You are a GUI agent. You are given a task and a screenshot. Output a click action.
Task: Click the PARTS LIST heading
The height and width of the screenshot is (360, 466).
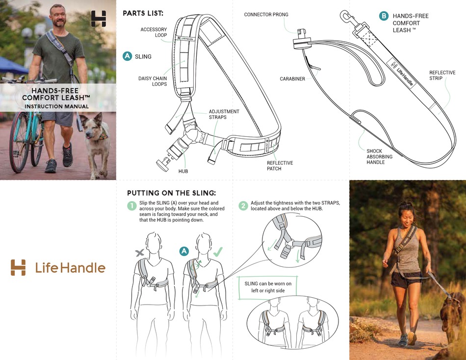tap(143, 13)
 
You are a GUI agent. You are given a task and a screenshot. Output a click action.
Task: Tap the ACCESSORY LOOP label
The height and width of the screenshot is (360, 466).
tap(154, 32)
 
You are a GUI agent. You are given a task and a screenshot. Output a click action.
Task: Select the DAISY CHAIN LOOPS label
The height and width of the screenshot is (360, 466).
tap(153, 81)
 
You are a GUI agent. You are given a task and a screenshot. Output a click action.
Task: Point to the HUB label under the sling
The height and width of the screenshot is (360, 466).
tap(183, 171)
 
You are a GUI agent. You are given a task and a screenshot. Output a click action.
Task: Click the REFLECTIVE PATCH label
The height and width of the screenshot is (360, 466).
tap(280, 166)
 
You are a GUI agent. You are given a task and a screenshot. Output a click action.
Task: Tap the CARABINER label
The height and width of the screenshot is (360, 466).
tap(292, 78)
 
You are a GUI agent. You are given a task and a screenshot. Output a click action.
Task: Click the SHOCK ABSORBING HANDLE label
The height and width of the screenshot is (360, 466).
tap(379, 156)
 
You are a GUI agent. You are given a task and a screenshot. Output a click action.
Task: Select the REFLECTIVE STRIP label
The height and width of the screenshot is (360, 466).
tap(442, 75)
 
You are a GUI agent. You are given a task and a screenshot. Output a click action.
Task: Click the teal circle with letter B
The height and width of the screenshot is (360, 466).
tap(384, 16)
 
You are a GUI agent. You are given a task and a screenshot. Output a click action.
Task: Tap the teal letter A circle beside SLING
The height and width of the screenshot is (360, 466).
tap(127, 56)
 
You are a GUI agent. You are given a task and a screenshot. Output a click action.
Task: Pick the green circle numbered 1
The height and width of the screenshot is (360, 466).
tap(131, 206)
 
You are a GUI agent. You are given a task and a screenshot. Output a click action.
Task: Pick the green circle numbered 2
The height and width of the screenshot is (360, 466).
tap(243, 206)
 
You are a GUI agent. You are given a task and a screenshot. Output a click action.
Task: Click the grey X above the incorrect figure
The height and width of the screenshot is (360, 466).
tap(140, 253)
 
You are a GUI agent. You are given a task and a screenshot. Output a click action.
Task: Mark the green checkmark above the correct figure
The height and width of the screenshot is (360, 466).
tap(217, 252)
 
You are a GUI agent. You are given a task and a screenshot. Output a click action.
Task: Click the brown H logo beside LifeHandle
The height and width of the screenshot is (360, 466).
tap(18, 268)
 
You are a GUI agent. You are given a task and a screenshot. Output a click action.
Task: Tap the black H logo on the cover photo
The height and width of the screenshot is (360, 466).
tap(99, 19)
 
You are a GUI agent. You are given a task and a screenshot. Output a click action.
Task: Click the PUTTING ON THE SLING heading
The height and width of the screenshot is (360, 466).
tap(171, 193)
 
